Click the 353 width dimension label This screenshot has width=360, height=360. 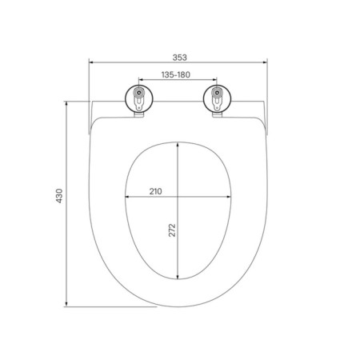click(180, 58)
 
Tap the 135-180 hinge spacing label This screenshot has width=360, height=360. click(176, 75)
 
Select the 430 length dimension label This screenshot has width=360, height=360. click(59, 196)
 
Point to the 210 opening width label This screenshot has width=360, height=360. click(155, 191)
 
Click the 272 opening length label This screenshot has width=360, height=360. click(172, 230)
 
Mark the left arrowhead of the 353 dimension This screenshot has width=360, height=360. click(91, 62)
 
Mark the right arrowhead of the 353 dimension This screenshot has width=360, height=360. click(265, 62)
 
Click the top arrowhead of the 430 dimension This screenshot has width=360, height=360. click(66, 103)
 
